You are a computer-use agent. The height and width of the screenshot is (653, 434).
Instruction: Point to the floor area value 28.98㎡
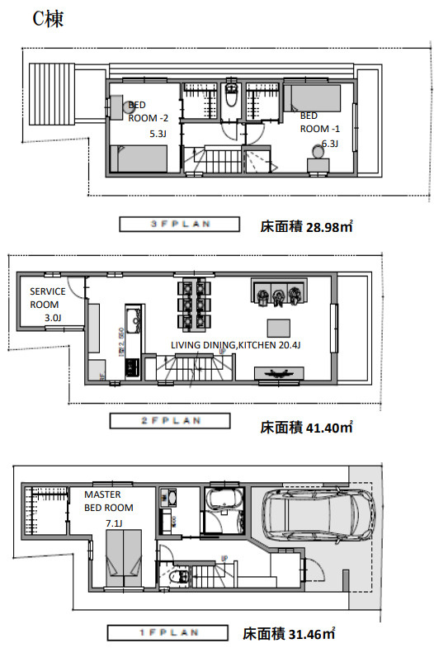(x=295, y=225)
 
